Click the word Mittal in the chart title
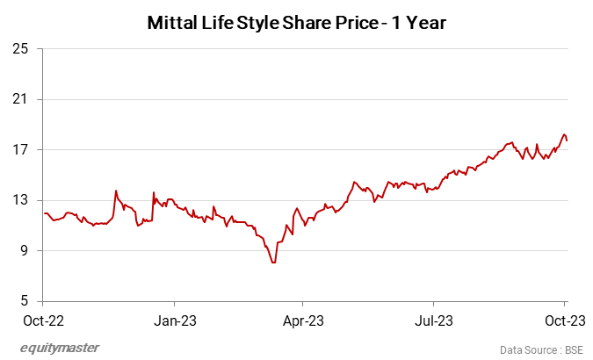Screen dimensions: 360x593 [174, 25]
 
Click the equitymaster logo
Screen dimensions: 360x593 [60, 348]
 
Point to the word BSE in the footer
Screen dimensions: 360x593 [574, 349]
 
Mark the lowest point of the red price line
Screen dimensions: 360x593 [274, 263]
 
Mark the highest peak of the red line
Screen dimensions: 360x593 [564, 134]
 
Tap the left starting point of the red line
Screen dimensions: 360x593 [44, 213]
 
